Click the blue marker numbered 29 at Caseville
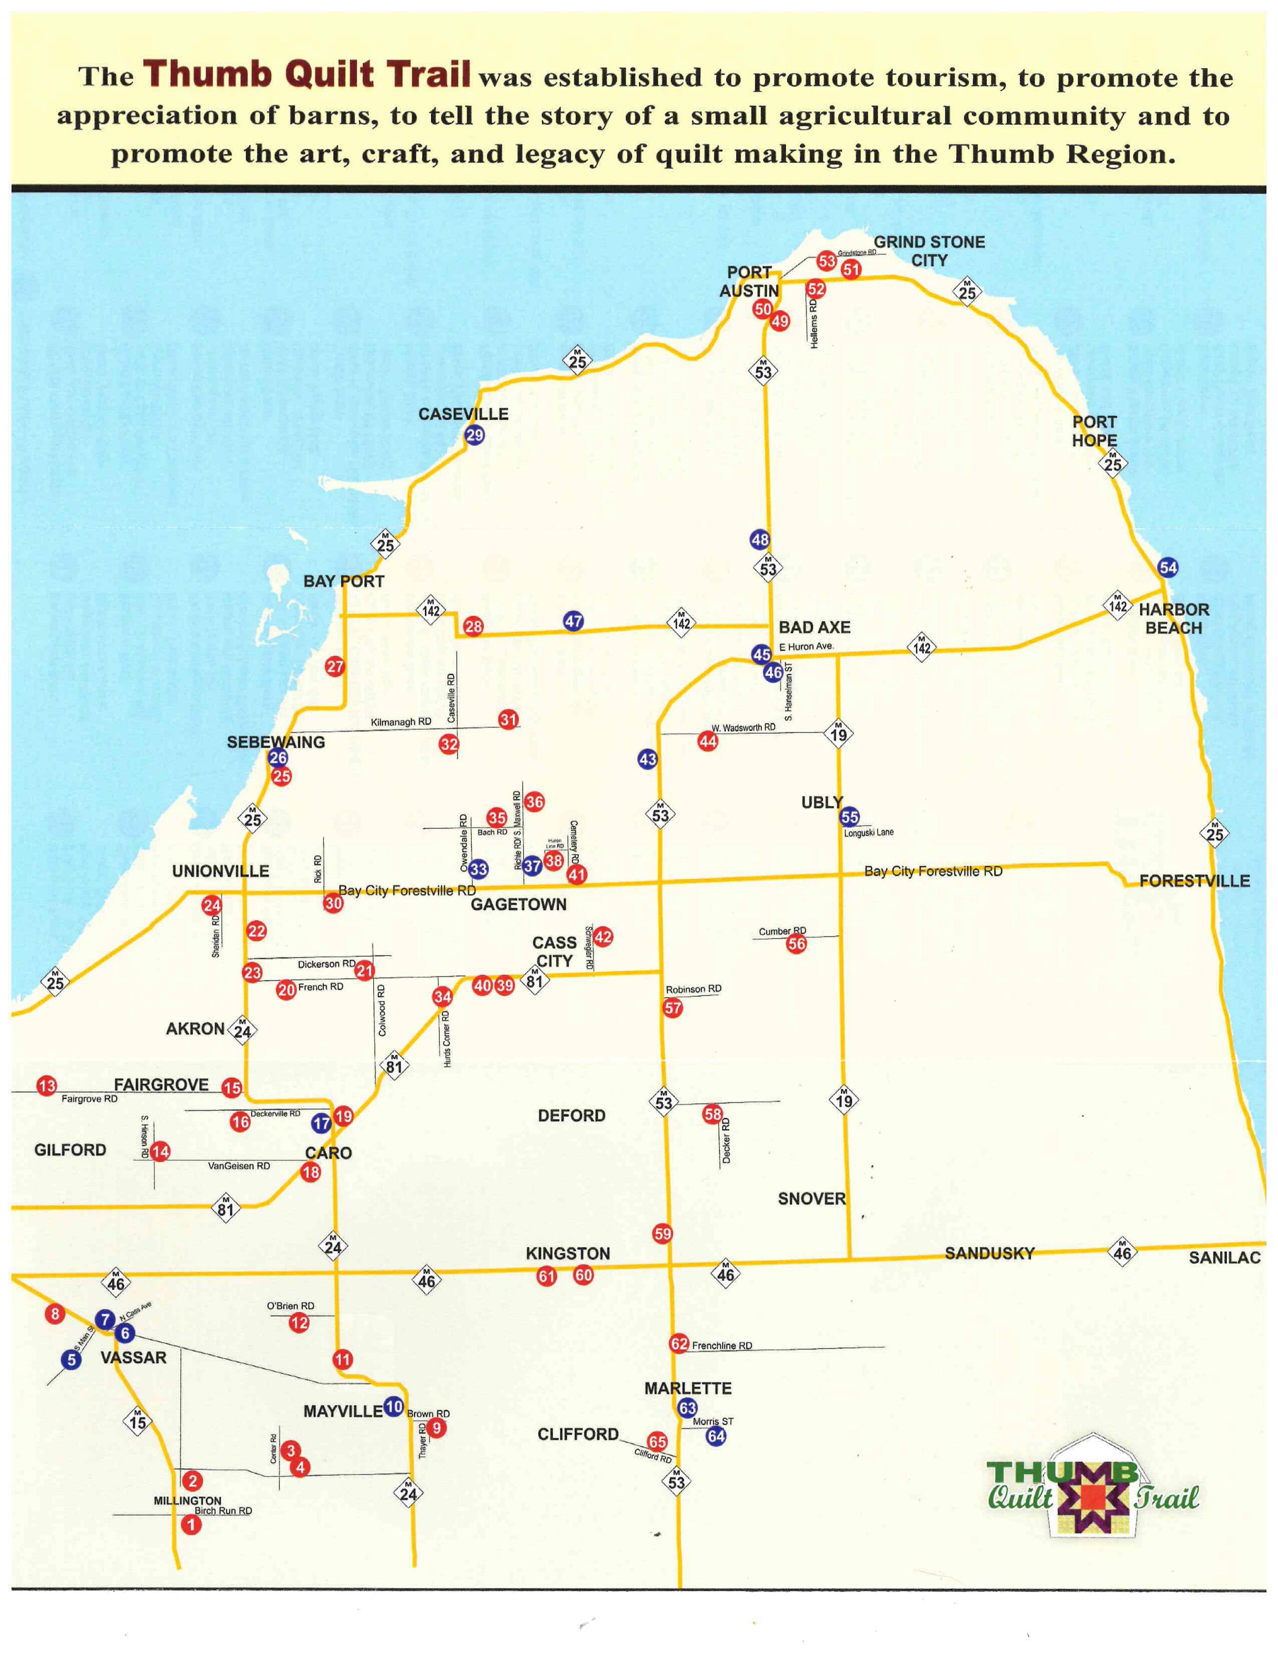[475, 436]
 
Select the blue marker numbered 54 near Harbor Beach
[1168, 567]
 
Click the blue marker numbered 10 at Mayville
[393, 1407]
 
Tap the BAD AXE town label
[814, 627]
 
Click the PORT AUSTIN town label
[750, 282]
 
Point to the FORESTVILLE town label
[1194, 880]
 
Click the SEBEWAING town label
[275, 742]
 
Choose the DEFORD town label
[571, 1116]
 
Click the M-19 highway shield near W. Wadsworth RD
[838, 734]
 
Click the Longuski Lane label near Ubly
[869, 832]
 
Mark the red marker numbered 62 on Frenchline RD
[678, 1344]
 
